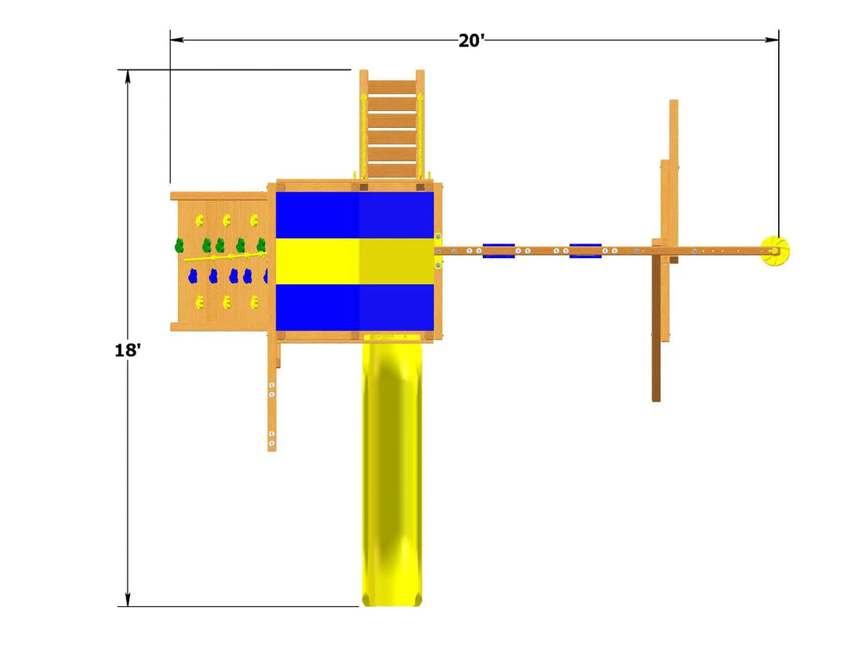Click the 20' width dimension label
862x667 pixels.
click(x=471, y=40)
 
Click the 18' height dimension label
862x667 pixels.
click(x=128, y=350)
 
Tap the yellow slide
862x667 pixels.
click(x=392, y=471)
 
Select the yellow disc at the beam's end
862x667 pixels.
click(x=775, y=251)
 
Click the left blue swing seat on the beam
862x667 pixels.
click(x=499, y=251)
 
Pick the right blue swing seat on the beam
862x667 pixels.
click(x=586, y=251)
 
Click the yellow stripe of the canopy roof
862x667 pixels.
click(x=354, y=261)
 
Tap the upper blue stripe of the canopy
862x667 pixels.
click(x=354, y=215)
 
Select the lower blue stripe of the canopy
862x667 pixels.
click(x=354, y=308)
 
